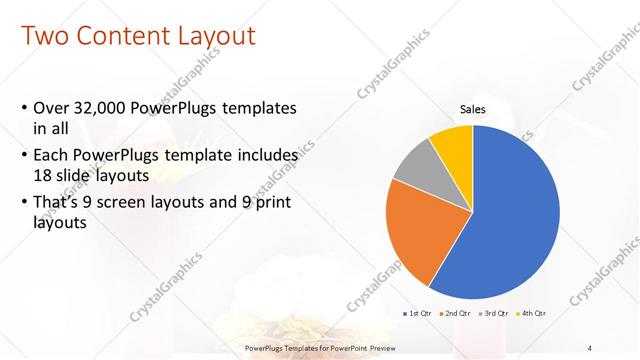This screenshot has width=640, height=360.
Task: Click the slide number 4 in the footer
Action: pyautogui.click(x=591, y=347)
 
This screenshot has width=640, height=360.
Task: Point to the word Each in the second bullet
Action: pyautogui.click(x=51, y=156)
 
